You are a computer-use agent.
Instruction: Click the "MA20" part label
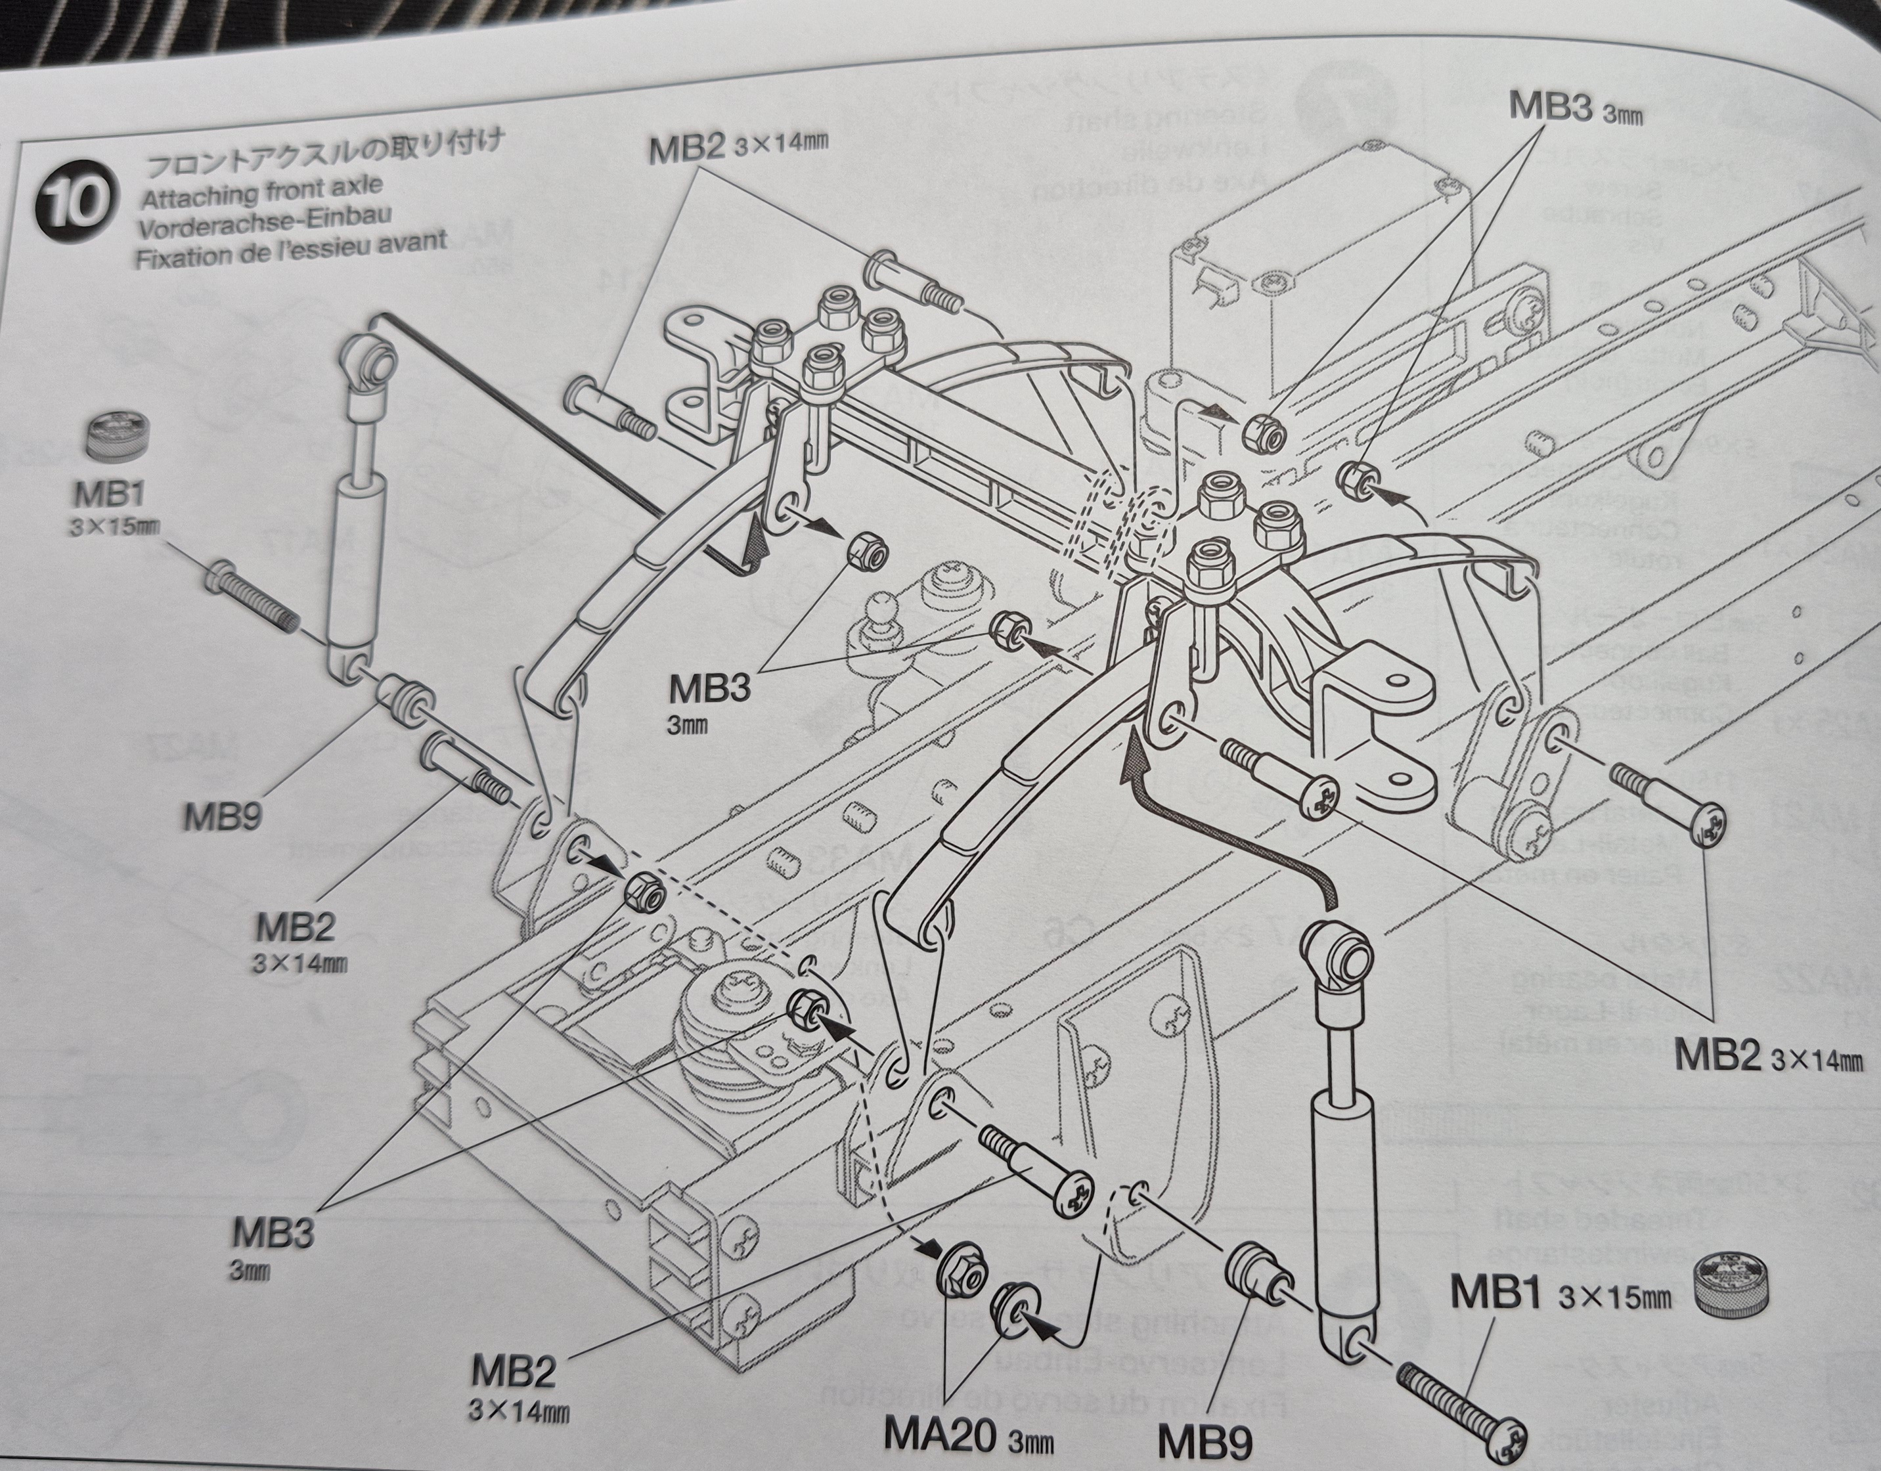pos(939,1436)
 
